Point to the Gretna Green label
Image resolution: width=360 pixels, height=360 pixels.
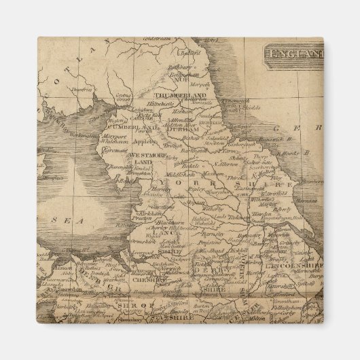122,96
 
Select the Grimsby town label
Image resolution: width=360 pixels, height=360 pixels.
291,243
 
